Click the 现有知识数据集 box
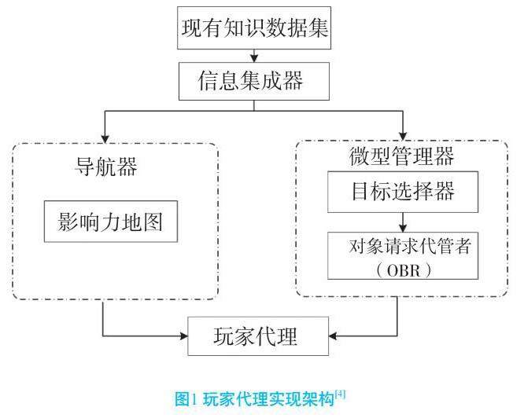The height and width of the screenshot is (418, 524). coord(253,31)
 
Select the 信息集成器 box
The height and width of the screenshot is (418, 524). coord(251,79)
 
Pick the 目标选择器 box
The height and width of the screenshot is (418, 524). coord(402,191)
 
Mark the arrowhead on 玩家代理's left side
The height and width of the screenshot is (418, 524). coord(184,337)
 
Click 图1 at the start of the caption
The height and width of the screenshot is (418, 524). coord(188,399)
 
